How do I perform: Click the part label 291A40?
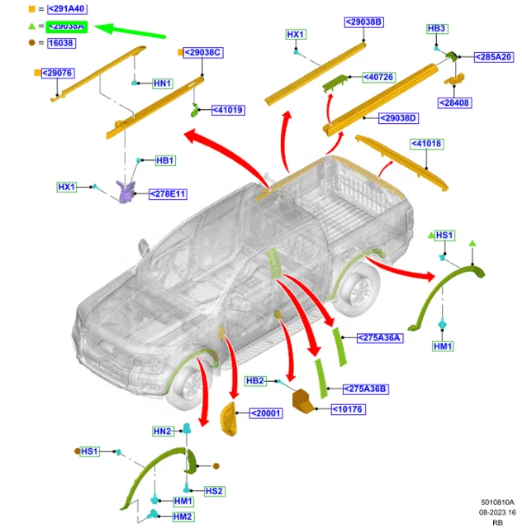click(x=67, y=9)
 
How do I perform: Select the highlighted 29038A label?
click(x=67, y=26)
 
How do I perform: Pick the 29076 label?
click(x=59, y=73)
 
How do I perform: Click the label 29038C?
click(x=204, y=53)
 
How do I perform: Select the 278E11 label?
click(x=168, y=194)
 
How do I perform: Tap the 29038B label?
click(x=363, y=21)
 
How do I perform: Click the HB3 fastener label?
click(x=437, y=29)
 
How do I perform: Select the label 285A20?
click(x=493, y=57)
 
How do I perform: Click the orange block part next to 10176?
click(x=304, y=399)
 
